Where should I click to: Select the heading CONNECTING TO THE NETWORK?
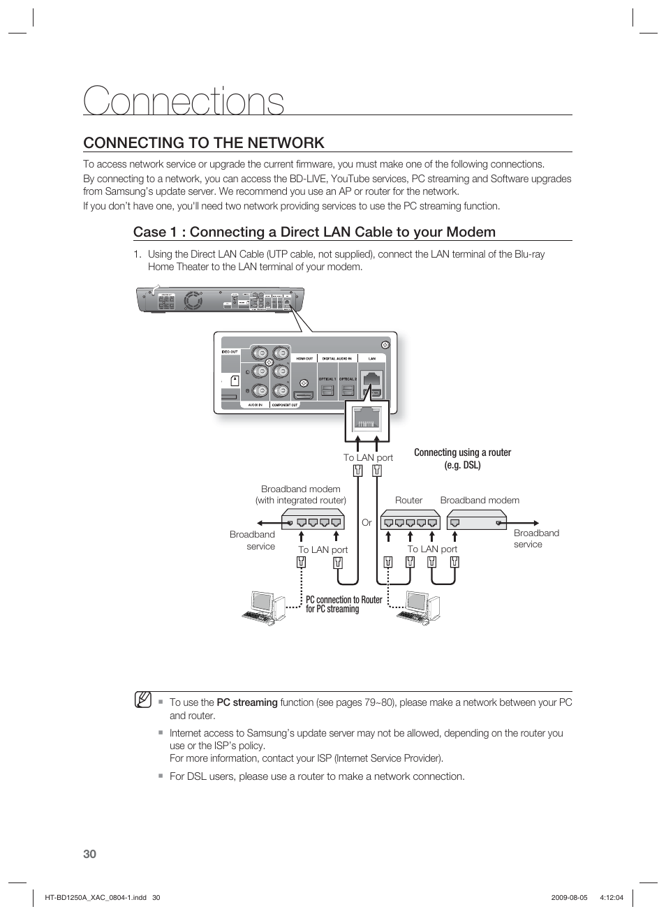pyautogui.click(x=203, y=142)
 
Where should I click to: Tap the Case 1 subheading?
pyautogui.click(x=314, y=232)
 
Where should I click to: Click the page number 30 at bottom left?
pyautogui.click(x=89, y=854)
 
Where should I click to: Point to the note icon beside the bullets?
pyautogui.click(x=143, y=699)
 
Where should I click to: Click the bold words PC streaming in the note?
pyautogui.click(x=246, y=702)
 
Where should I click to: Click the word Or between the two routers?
pyautogui.click(x=367, y=522)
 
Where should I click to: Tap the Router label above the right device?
pyautogui.click(x=408, y=500)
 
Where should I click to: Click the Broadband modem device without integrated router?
pyautogui.click(x=476, y=520)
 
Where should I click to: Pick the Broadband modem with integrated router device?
pyautogui.click(x=313, y=520)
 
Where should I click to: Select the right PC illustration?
pyautogui.click(x=419, y=607)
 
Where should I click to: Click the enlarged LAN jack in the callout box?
pyautogui.click(x=367, y=420)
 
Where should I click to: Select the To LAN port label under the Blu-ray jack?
pyautogui.click(x=368, y=457)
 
